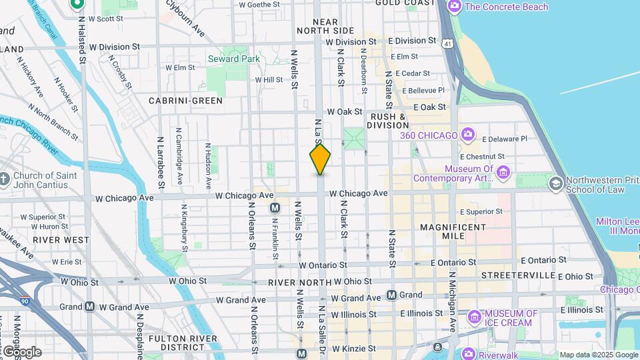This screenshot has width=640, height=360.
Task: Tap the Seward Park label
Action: click(x=233, y=59)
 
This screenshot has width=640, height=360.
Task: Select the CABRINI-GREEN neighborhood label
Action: click(x=185, y=101)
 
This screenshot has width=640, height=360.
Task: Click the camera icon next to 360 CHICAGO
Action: click(x=467, y=135)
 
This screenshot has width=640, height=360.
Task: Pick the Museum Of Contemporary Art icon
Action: click(x=503, y=173)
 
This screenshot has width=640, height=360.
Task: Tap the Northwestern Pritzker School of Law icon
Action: click(x=555, y=183)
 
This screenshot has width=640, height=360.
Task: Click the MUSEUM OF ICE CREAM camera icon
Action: click(x=475, y=317)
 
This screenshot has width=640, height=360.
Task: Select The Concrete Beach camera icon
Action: click(x=455, y=7)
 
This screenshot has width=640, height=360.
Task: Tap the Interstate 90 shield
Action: click(x=25, y=301)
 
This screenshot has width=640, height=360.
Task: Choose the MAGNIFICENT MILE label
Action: click(x=453, y=233)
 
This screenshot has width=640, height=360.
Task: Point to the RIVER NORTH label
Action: click(x=299, y=283)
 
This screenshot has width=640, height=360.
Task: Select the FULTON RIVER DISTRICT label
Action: click(x=183, y=343)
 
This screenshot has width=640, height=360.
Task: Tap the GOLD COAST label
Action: click(x=405, y=3)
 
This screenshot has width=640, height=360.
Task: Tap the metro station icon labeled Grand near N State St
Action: click(x=392, y=295)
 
